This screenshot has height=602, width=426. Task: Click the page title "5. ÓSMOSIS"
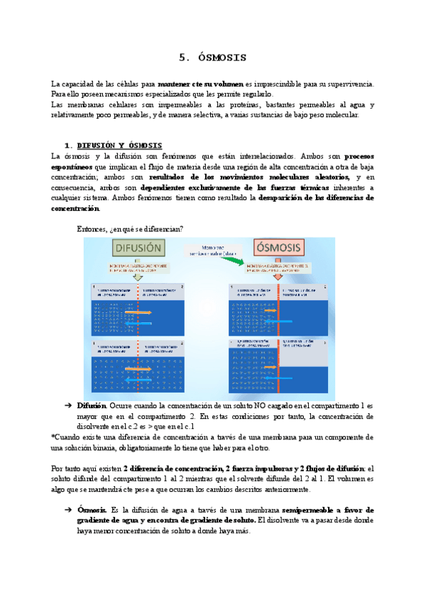[212, 57]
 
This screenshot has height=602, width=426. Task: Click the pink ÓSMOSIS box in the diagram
[278, 248]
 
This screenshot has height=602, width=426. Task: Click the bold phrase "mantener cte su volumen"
[200, 84]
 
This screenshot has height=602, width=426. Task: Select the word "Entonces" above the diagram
[92, 229]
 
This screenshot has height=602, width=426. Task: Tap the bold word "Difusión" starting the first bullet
[92, 405]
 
